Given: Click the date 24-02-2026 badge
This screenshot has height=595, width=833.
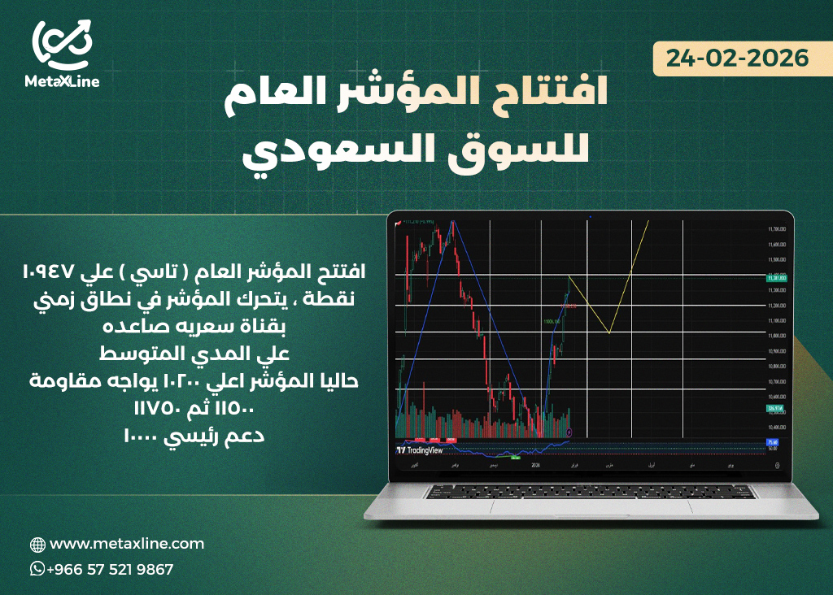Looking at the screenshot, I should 738,59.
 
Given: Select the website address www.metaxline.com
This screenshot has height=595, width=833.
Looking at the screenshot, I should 127,544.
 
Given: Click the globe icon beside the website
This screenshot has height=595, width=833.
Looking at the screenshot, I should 37,545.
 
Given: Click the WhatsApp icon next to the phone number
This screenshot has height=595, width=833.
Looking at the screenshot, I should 37,569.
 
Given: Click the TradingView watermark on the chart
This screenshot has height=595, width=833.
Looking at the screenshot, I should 420,449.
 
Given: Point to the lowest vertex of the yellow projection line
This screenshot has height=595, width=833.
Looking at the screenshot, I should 609,332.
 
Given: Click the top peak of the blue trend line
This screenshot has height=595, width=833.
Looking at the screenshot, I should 453,221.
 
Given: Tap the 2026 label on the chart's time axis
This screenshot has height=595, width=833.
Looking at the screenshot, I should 534,466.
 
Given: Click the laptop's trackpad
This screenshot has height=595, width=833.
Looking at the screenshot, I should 590,506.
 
